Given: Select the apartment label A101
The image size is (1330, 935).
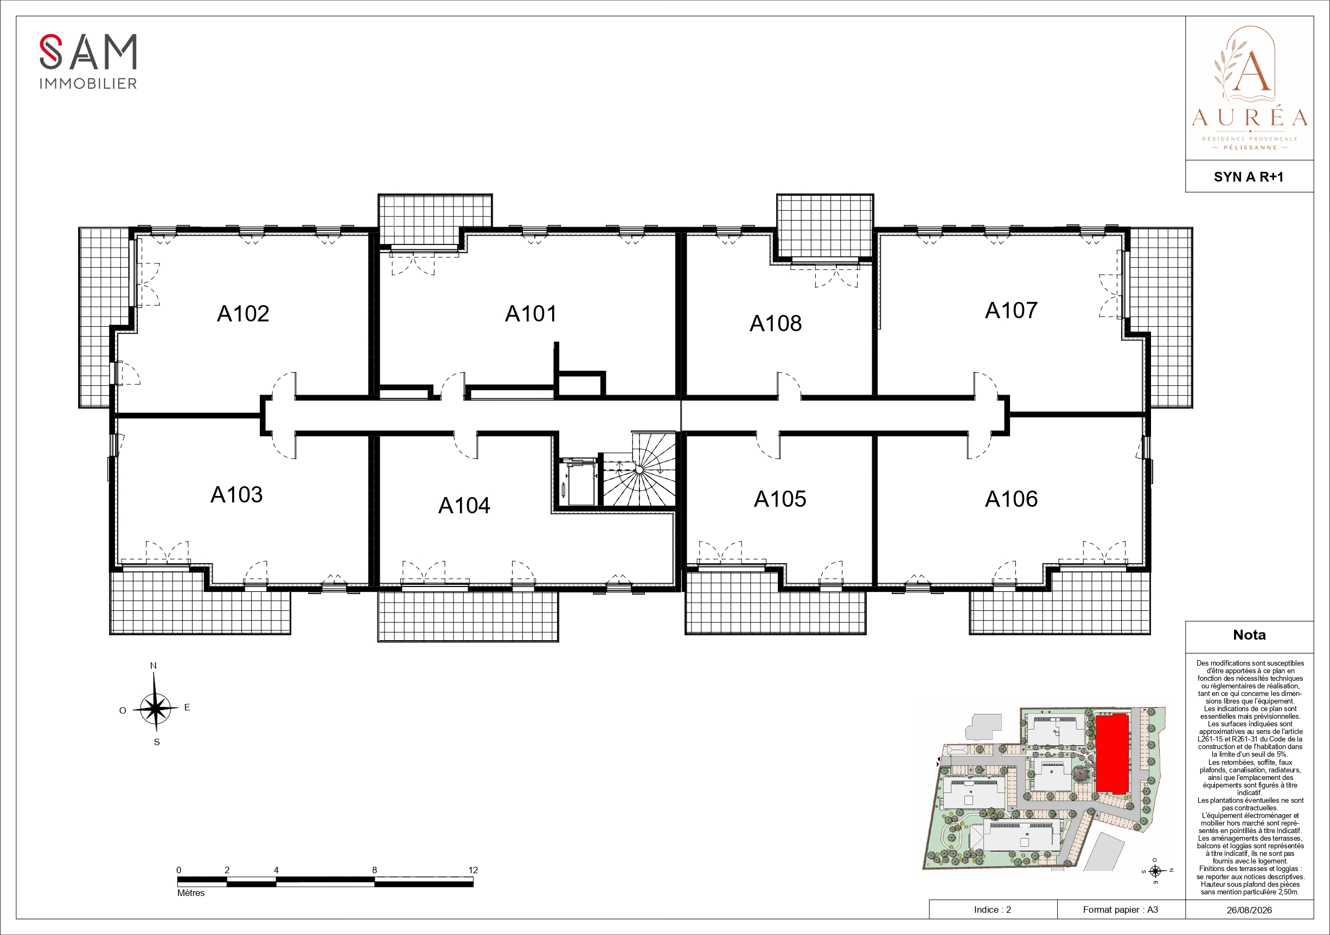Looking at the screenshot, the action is (530, 314).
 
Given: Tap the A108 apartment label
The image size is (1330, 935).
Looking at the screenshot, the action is (776, 324).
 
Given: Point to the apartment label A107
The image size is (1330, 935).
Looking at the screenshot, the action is (1011, 311).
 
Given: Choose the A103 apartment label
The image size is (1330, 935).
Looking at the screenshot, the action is (236, 495).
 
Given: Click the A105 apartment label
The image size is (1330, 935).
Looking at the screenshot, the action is (779, 499).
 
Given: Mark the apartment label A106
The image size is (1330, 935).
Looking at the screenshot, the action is (1012, 499).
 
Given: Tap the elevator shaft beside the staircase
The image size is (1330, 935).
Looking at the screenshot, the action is (580, 482).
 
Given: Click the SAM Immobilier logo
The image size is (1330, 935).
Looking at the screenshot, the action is (88, 61).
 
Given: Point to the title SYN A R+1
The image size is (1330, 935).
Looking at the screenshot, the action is (1249, 177).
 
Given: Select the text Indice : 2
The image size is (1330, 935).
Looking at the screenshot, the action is (992, 910).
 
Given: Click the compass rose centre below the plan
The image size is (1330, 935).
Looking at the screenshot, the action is (155, 708).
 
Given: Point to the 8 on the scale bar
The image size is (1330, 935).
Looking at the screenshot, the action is (374, 870).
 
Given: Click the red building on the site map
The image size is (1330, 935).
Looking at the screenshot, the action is (1111, 753).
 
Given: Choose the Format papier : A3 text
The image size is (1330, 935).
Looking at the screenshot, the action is (1120, 910).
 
